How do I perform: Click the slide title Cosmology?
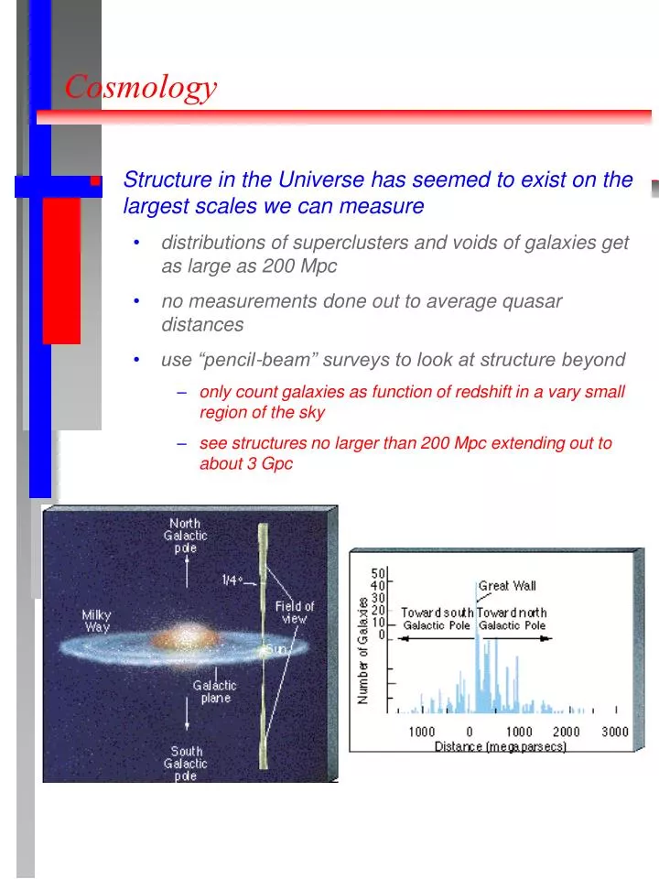pos(141,87)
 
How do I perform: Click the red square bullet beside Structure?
pos(94,181)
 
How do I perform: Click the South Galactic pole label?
pos(187,764)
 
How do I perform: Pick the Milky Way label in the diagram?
pos(97,620)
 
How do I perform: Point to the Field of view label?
pos(295,612)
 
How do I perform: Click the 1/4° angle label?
pos(232,580)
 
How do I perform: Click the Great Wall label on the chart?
pos(507,586)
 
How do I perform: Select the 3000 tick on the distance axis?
pos(614,731)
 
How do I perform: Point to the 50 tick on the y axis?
pos(377,572)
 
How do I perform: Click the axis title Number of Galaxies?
pos(362,650)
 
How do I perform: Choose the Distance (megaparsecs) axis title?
pos(501,746)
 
